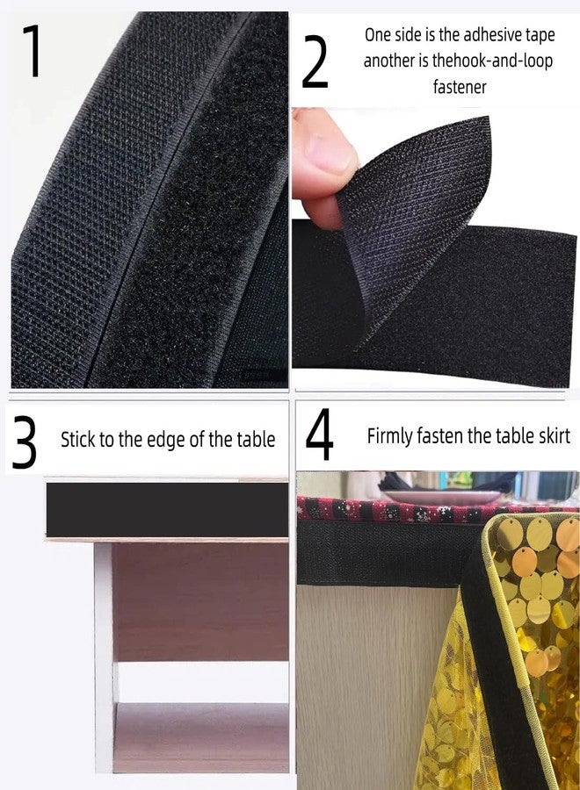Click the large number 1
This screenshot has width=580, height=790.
tap(33, 51)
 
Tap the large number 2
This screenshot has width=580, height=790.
tap(315, 62)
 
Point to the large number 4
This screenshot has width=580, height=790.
tap(319, 434)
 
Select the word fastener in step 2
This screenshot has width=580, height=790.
tap(460, 87)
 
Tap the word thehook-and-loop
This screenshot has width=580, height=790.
tap(492, 61)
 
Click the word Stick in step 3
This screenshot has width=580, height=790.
tap(77, 440)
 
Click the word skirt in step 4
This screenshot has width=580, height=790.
tap(553, 435)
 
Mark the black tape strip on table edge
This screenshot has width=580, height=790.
tap(168, 509)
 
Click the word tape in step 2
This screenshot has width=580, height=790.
tap(540, 36)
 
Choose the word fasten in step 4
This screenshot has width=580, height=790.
tap(439, 435)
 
